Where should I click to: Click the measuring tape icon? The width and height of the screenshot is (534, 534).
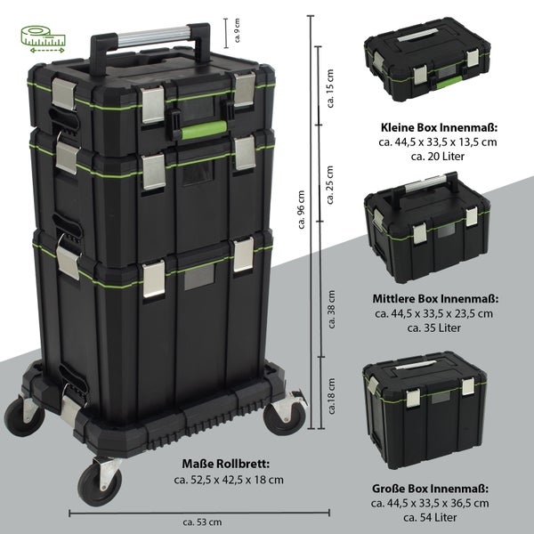point(43,39)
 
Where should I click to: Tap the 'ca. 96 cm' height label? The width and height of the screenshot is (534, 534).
point(302,209)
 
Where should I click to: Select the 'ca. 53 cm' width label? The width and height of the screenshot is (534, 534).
point(202,522)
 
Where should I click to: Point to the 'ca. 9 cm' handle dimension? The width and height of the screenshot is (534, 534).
point(237,30)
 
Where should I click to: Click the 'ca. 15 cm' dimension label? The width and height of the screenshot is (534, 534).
point(330,88)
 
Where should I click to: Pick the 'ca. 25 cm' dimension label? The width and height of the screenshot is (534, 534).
point(330,185)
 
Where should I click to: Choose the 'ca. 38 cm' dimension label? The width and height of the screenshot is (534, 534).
point(332,309)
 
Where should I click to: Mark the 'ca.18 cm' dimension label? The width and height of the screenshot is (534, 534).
point(332,396)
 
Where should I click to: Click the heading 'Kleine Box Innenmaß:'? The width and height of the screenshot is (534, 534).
point(440,127)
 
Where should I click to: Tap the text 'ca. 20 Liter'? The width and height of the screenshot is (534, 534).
point(438,157)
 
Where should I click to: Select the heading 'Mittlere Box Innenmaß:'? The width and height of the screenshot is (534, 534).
point(435,299)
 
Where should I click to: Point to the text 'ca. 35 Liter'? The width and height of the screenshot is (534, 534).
point(434,328)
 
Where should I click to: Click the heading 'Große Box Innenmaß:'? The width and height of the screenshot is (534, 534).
point(430,489)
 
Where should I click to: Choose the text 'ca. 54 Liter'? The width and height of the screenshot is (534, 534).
point(430,517)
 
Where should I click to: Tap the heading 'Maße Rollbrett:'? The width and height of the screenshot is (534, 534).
point(226,464)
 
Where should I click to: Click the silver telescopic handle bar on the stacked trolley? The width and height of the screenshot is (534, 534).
point(153,36)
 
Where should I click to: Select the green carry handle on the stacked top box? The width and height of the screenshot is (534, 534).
point(204,129)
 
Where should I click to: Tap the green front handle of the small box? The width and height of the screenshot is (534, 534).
point(449,83)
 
